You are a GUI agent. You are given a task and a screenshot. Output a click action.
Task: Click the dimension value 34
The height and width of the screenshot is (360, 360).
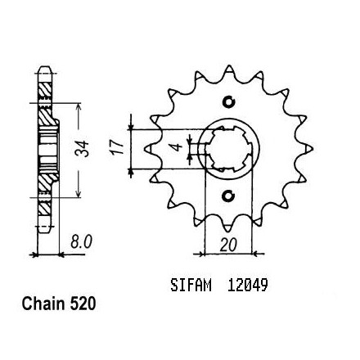pyautogui.click(x=82, y=149)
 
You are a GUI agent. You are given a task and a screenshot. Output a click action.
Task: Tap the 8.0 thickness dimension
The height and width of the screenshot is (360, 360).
pyautogui.click(x=81, y=242)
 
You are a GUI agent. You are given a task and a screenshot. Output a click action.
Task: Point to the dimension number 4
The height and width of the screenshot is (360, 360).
pyautogui.click(x=178, y=147)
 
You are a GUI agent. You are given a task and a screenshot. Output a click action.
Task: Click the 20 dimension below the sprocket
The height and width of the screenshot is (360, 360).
pyautogui.click(x=228, y=245)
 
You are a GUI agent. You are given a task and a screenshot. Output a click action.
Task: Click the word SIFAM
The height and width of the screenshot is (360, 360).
pyautogui.click(x=191, y=286)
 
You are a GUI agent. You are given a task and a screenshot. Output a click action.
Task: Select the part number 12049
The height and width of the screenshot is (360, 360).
pyautogui.click(x=248, y=286)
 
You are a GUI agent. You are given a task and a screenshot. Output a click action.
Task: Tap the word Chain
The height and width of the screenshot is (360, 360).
pyautogui.click(x=43, y=304)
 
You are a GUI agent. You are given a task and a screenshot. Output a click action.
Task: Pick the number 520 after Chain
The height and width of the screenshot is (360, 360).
pyautogui.click(x=83, y=304)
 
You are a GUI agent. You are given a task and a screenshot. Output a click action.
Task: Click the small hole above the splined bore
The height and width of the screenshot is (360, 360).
pyautogui.click(x=229, y=102)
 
